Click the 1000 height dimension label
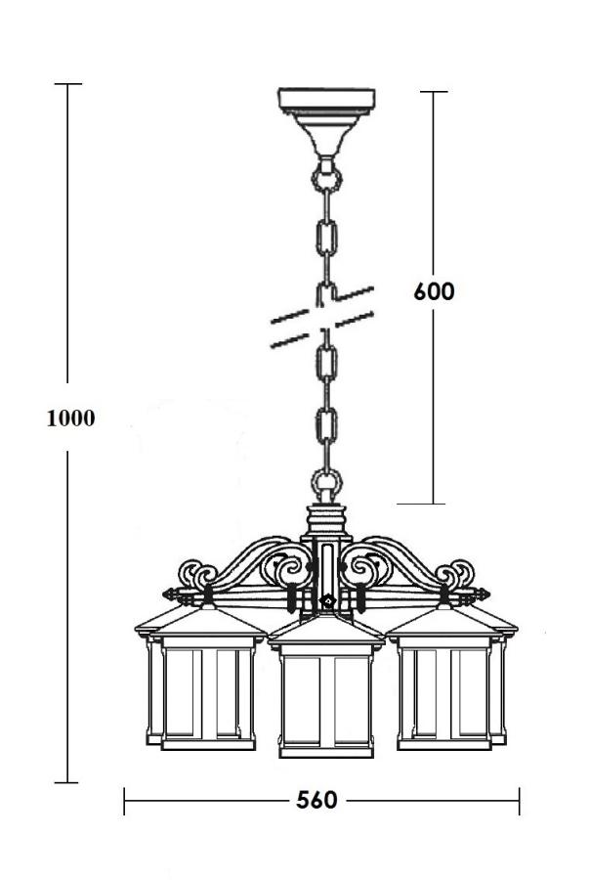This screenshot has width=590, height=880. point(71,418)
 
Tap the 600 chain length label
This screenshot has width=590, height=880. point(434,291)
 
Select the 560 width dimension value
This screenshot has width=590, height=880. point(316,800)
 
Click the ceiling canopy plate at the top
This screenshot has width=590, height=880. point(326,102)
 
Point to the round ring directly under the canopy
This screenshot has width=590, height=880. point(326,180)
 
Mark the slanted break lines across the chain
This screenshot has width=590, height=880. point(323,317)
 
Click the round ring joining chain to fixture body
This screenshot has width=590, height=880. point(326,484)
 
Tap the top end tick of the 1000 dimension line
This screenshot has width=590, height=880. point(67,85)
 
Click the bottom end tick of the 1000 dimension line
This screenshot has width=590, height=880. point(67,782)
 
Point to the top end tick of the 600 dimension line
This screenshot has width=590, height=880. point(434,92)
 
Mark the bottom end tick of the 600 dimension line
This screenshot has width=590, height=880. point(434,504)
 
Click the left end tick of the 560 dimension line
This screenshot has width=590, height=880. point(125,801)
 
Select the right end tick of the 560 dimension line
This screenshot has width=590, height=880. point(519,801)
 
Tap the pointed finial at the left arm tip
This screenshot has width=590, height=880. point(169,593)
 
